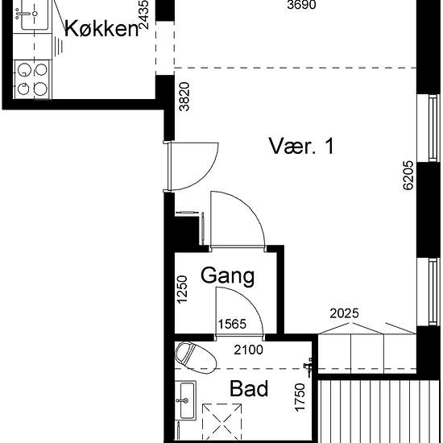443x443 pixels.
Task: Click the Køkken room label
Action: [101, 29]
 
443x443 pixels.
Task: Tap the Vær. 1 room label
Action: [301, 146]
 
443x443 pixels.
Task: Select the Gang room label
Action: [227, 276]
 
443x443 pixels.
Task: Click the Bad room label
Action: [249, 389]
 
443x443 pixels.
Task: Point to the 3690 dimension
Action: [301, 5]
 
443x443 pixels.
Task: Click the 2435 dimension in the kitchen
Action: [144, 15]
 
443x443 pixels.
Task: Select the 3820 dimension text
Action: [184, 97]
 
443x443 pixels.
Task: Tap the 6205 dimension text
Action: [408, 176]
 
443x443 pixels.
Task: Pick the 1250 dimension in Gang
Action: [182, 289]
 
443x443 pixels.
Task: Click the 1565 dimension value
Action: [232, 324]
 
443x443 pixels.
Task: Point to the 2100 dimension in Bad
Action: [248, 350]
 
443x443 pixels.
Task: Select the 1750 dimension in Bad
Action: [300, 397]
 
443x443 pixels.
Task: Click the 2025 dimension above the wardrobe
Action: [344, 313]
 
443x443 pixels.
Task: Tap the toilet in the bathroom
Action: [196, 358]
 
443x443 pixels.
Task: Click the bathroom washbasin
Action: [185, 400]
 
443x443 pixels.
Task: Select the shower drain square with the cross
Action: [222, 423]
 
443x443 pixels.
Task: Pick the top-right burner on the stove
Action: [41, 69]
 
